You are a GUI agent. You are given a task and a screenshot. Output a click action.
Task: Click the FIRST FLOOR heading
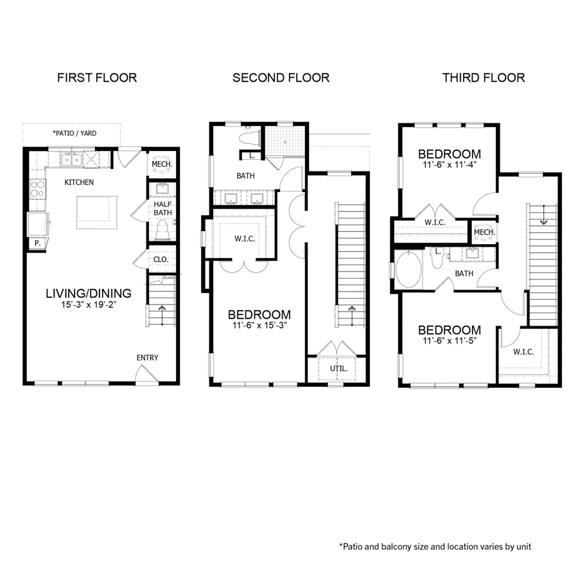point(97,78)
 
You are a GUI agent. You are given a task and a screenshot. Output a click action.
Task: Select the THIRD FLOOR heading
point(483,78)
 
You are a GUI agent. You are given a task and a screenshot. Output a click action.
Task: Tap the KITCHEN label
point(79,182)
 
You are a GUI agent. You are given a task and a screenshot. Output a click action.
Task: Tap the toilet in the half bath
point(162,230)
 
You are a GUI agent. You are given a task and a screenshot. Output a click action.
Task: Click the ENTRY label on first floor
point(147,358)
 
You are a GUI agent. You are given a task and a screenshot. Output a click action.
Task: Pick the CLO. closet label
point(161,260)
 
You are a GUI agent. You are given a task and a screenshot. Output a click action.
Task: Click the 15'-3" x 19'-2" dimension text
point(89,306)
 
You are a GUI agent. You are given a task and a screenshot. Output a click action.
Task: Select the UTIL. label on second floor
point(338,369)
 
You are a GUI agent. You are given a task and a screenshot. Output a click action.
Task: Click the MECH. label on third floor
point(483,232)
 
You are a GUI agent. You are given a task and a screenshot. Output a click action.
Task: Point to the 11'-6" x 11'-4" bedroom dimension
point(450,165)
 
